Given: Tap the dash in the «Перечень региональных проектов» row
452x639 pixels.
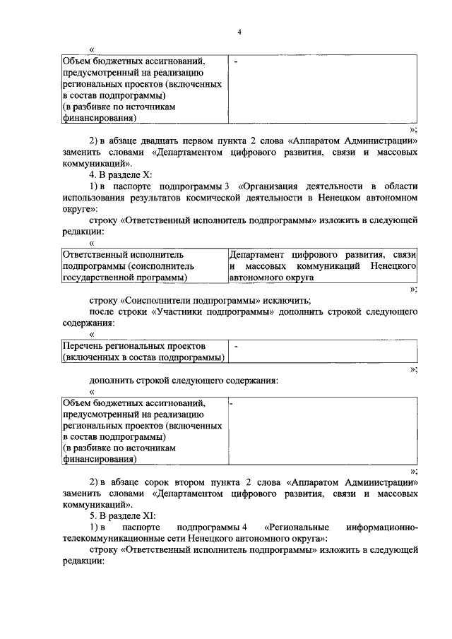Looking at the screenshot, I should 236,347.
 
